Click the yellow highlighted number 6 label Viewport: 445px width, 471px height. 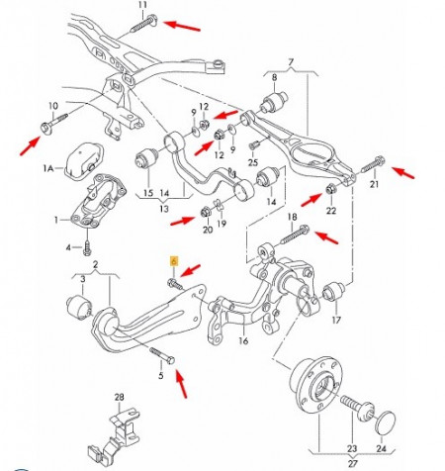[x=174, y=262]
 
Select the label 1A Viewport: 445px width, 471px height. [x=47, y=170]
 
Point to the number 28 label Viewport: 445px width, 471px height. [x=120, y=399]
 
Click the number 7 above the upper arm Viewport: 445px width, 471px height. [x=291, y=62]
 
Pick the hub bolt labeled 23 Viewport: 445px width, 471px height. [x=354, y=405]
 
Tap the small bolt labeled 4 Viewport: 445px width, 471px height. [x=88, y=245]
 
